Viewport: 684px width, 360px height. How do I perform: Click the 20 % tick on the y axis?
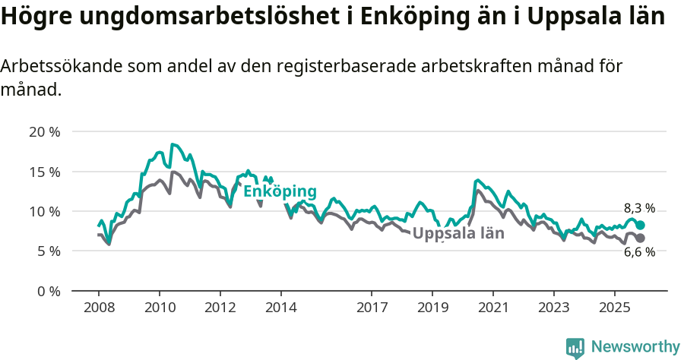coord(44,131)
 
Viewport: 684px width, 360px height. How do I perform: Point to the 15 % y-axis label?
coord(44,172)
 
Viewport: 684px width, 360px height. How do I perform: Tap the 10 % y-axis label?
coord(44,211)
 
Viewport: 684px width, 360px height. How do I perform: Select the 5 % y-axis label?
coord(47,251)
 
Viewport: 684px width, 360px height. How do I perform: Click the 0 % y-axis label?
coord(47,291)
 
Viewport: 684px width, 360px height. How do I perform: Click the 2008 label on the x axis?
coord(99,308)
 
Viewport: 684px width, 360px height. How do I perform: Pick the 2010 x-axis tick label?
coord(160,308)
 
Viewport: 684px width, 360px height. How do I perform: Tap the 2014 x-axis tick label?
coord(280,308)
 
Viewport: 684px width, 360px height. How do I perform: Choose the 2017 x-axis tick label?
coord(372,308)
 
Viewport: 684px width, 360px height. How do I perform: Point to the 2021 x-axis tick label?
coord(492,308)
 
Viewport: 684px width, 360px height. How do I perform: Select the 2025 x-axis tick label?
coord(614,308)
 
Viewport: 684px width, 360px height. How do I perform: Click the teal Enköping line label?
coord(279,191)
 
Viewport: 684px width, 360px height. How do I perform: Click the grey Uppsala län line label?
coord(458,233)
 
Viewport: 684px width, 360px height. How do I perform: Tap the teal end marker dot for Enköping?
coord(641,225)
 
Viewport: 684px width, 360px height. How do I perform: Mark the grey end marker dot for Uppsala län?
coord(641,238)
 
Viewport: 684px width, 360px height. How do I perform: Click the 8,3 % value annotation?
coord(639,208)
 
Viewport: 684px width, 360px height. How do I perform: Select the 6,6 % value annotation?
coord(639,253)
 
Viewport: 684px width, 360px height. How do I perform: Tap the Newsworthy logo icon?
coord(575,348)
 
